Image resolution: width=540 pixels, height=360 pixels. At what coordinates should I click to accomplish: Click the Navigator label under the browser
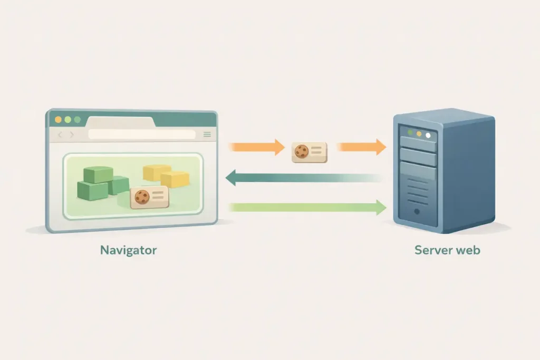coord(128,250)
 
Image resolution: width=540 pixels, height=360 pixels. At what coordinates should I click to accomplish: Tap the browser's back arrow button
coord(60,135)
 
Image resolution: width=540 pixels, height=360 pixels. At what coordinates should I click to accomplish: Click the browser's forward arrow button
coord(72,135)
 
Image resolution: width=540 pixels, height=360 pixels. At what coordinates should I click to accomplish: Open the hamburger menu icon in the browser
coord(207,135)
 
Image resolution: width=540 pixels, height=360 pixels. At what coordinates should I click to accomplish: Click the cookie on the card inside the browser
coord(141,197)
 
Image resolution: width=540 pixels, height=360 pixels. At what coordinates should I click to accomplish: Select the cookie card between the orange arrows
coord(310,151)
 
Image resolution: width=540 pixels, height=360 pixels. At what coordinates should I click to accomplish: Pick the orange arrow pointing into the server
coord(361,147)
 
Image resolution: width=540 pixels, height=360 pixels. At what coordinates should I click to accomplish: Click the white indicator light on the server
coord(428,135)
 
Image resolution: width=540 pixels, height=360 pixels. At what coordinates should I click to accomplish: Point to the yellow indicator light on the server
coord(419,134)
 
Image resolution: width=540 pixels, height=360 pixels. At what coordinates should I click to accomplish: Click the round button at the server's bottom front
coord(417,211)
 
